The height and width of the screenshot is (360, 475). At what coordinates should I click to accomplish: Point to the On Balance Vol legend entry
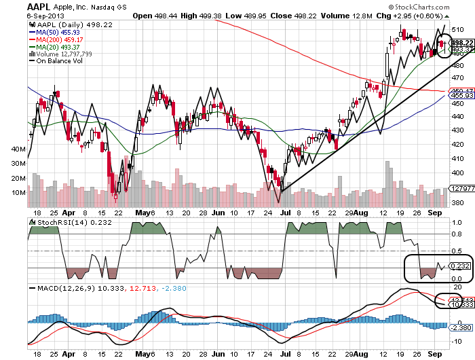(56, 61)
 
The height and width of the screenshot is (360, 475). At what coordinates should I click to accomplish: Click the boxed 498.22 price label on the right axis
(456, 42)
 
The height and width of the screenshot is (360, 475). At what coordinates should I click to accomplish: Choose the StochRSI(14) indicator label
(55, 223)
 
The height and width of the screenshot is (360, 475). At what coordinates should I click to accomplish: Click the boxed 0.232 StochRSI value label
(457, 267)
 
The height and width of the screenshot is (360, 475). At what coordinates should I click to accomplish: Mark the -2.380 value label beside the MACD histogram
(456, 327)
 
